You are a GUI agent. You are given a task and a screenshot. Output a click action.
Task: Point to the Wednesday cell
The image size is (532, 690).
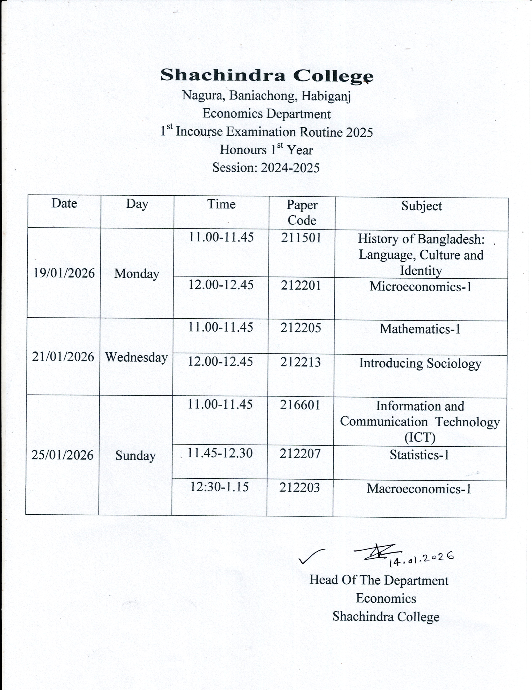pyautogui.click(x=136, y=357)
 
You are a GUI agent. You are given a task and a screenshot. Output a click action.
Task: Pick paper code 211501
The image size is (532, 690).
pyautogui.click(x=301, y=238)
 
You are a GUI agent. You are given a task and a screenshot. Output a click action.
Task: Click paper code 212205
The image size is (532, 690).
pyautogui.click(x=301, y=328)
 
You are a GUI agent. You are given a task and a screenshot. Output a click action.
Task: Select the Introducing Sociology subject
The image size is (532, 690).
pyautogui.click(x=420, y=363)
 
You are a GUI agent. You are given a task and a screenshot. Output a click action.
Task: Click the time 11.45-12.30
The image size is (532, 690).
pyautogui.click(x=220, y=453)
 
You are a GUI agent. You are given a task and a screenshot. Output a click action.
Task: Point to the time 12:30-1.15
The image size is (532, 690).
pyautogui.click(x=219, y=487)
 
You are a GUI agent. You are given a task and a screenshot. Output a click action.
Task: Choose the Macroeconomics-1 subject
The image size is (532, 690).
pyautogui.click(x=419, y=489)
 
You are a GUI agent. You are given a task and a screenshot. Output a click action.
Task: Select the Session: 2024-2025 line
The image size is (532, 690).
pyautogui.click(x=266, y=167)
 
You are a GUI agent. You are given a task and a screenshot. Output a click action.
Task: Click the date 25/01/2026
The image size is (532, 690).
pyautogui.click(x=62, y=455)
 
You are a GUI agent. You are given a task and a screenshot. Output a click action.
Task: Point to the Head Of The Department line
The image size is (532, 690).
pyautogui.click(x=379, y=580)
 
